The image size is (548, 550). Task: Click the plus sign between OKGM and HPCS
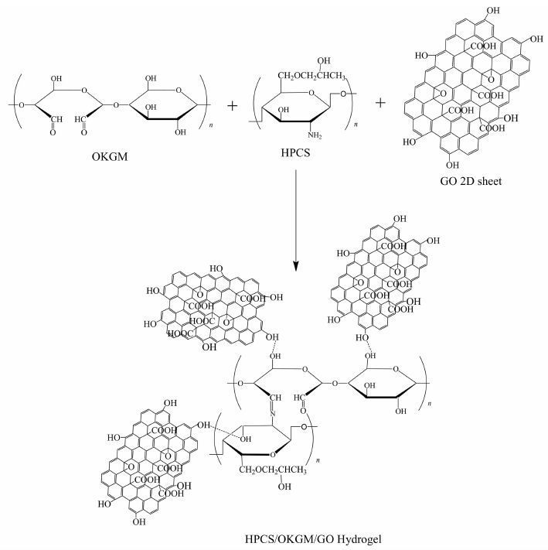point(233,104)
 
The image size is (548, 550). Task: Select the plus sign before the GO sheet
point(380,104)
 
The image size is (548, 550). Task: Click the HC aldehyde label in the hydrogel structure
point(300,400)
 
